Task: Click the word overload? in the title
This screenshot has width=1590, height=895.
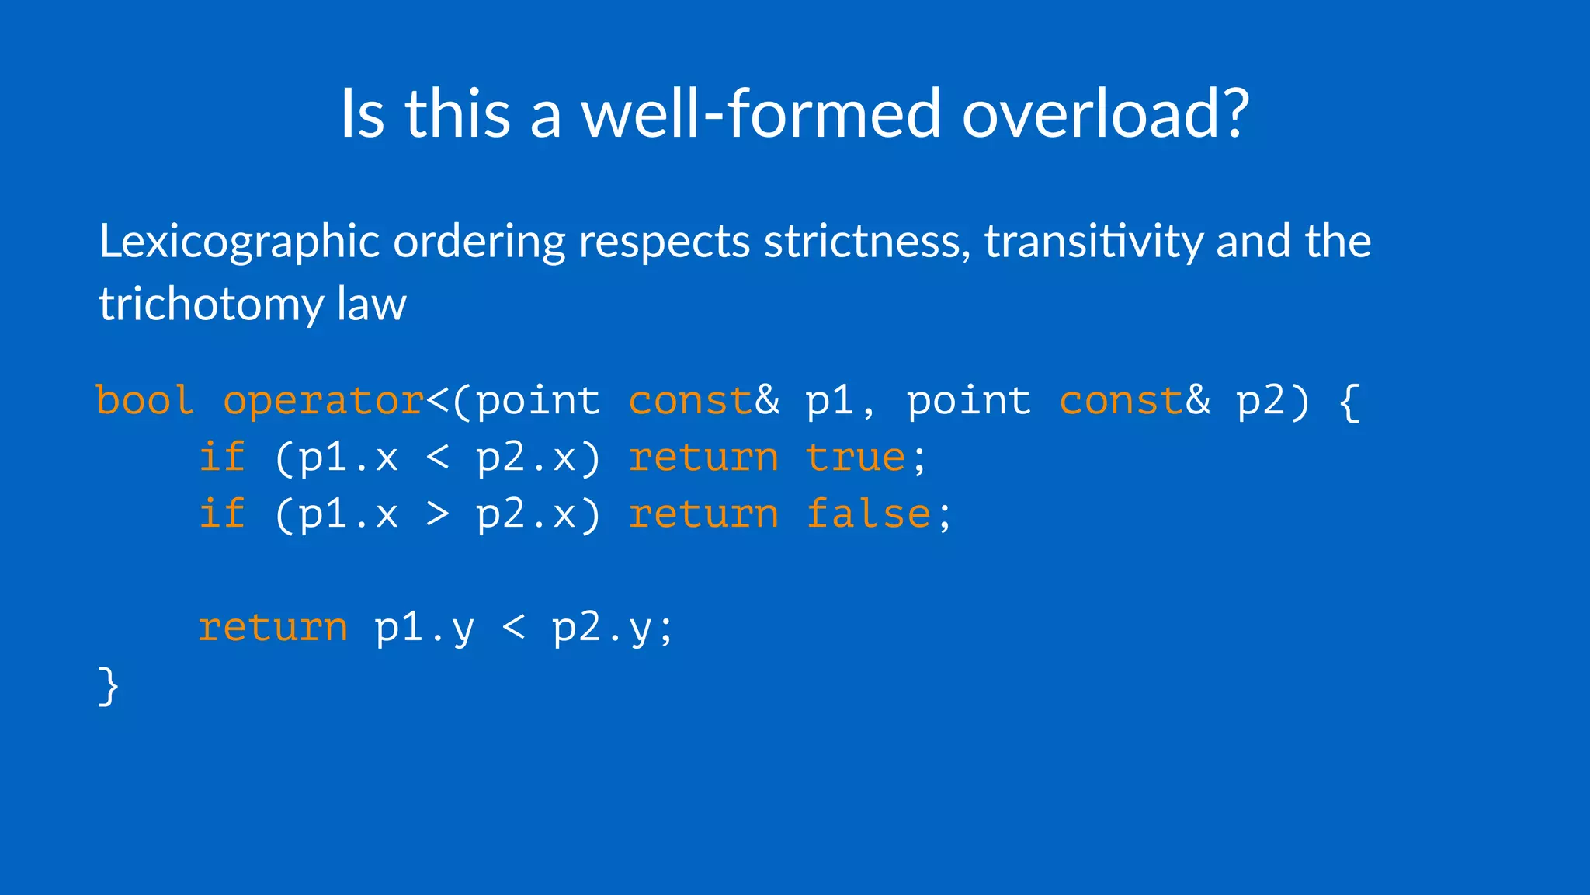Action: click(x=1106, y=113)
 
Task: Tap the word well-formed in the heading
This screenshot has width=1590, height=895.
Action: click(x=762, y=113)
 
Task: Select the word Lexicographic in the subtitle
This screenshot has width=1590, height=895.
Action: click(x=239, y=242)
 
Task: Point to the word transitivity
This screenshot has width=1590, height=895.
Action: click(x=1093, y=242)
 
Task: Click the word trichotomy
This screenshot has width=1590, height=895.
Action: click(x=210, y=304)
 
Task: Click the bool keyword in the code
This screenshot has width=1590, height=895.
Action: click(x=144, y=401)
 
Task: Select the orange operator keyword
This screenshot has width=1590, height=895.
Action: click(x=324, y=401)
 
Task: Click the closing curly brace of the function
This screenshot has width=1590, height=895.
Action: click(x=109, y=686)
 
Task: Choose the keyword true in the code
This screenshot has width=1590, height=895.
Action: click(x=856, y=458)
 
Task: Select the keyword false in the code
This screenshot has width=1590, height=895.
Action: click(x=868, y=514)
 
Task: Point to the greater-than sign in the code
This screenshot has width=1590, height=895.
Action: click(x=438, y=514)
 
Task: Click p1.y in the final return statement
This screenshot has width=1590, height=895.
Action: click(x=424, y=628)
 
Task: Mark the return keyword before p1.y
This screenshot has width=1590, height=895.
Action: click(x=273, y=628)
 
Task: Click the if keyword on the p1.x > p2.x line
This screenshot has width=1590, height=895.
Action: click(x=222, y=514)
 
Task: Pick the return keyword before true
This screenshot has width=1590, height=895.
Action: click(x=703, y=458)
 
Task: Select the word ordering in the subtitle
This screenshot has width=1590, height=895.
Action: click(x=479, y=242)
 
